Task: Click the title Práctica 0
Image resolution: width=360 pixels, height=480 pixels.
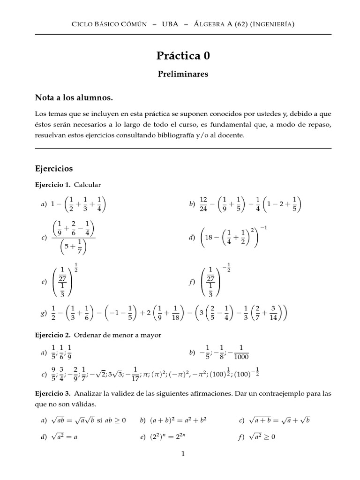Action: pyautogui.click(x=183, y=56)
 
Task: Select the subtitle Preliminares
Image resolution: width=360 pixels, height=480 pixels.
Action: pyautogui.click(x=183, y=74)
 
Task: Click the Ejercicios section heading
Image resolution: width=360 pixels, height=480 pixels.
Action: pyautogui.click(x=54, y=168)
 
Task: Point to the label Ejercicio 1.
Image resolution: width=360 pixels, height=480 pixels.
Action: pyautogui.click(x=52, y=185)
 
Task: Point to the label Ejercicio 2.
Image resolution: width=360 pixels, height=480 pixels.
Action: pyautogui.click(x=52, y=336)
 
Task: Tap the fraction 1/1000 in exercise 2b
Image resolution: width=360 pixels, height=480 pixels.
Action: pyautogui.click(x=240, y=352)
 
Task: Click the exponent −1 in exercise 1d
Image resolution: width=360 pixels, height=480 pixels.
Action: pyautogui.click(x=264, y=228)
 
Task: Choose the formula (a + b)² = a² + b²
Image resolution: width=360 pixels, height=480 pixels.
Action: pyautogui.click(x=174, y=420)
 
